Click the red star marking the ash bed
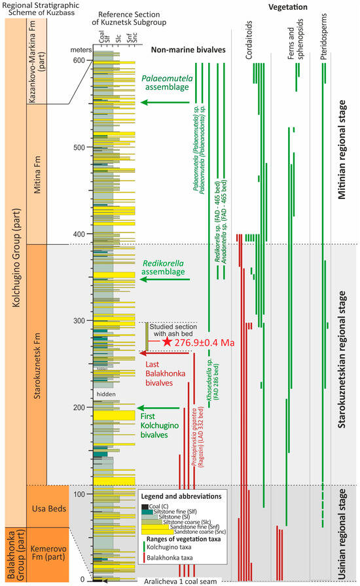point(168,342)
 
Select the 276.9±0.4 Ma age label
point(206,342)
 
